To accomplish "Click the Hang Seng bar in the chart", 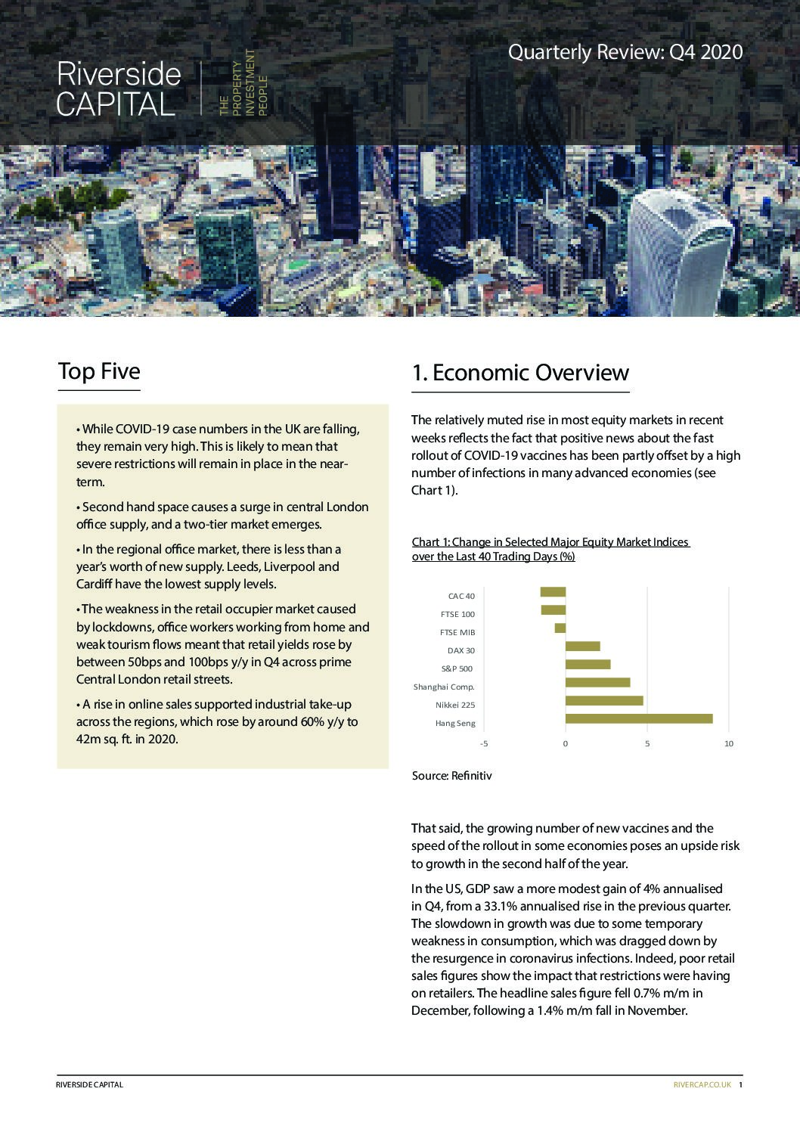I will tap(639, 718).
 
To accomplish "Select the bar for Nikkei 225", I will tap(604, 700).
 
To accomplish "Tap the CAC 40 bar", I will tap(553, 592).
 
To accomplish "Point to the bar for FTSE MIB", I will tap(560, 628).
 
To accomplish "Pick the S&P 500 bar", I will tap(588, 664).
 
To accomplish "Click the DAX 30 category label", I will tap(460, 650).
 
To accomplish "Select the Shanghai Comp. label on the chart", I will tap(444, 687).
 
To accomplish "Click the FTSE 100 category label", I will tap(457, 614).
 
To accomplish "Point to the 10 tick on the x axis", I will tap(729, 744).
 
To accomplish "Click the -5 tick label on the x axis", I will tap(484, 744).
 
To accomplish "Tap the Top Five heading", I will tap(99, 371).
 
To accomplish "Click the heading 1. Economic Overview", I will tap(520, 373).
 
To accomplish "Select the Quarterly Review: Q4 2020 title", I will tap(625, 52).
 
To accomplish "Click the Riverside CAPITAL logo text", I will tap(119, 89).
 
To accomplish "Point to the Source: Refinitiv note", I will tap(451, 776).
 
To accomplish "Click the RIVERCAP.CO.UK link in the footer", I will tap(702, 1084).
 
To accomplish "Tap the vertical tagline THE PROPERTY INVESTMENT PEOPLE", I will tap(243, 83).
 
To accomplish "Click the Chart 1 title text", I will tap(550, 549).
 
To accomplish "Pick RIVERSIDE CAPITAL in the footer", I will tap(89, 1084).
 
